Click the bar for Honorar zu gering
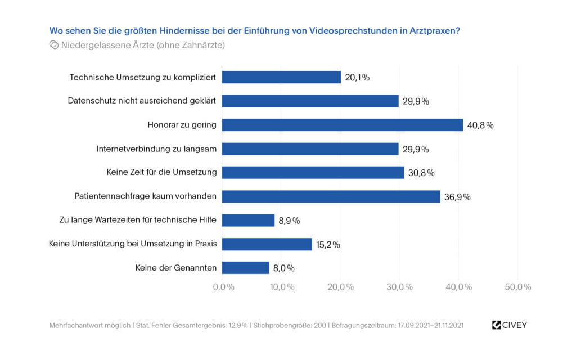pos(342,125)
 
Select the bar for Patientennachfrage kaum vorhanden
pos(331,196)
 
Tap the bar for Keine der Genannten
pos(245,268)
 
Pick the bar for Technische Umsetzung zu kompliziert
pos(281,77)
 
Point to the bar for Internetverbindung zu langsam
pos(310,148)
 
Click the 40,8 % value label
pos(482,125)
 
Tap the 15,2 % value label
pos(328,245)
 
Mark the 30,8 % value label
pos(423,173)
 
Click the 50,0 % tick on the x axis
pos(517,287)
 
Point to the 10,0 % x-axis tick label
pos(282,287)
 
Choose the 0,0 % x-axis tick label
pos(223,287)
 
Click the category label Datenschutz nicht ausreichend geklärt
pos(142,101)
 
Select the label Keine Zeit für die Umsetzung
pos(161,172)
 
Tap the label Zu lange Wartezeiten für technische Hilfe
pos(138,220)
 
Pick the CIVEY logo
pos(509,325)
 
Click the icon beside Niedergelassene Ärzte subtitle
pos(54,45)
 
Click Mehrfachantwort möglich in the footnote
pos(89,326)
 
